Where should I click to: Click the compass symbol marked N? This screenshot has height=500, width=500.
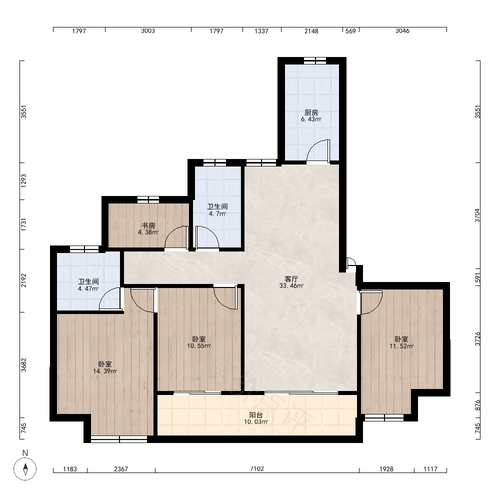25,469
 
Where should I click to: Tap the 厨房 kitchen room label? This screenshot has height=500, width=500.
311,112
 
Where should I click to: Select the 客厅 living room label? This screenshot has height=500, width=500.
291,279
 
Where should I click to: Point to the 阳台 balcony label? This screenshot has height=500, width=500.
255,415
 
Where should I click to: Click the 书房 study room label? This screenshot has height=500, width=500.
148,226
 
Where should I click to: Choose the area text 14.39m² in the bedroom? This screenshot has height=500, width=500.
105,371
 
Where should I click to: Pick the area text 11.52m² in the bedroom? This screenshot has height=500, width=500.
401,346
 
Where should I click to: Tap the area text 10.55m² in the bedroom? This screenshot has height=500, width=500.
199,345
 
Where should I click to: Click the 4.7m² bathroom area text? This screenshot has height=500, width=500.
217,213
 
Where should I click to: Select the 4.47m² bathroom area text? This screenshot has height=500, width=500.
88,288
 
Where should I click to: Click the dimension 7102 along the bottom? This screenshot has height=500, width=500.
257,469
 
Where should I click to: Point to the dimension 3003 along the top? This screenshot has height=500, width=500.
148,30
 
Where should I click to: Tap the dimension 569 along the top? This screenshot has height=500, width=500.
350,31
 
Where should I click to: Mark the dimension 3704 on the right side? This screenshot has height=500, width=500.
477,215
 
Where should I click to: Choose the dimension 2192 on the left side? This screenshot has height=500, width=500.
23,280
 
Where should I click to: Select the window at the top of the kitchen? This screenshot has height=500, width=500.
314,60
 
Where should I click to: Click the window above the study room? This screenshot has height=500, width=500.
148,199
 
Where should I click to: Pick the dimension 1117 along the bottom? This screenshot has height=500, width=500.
430,469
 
